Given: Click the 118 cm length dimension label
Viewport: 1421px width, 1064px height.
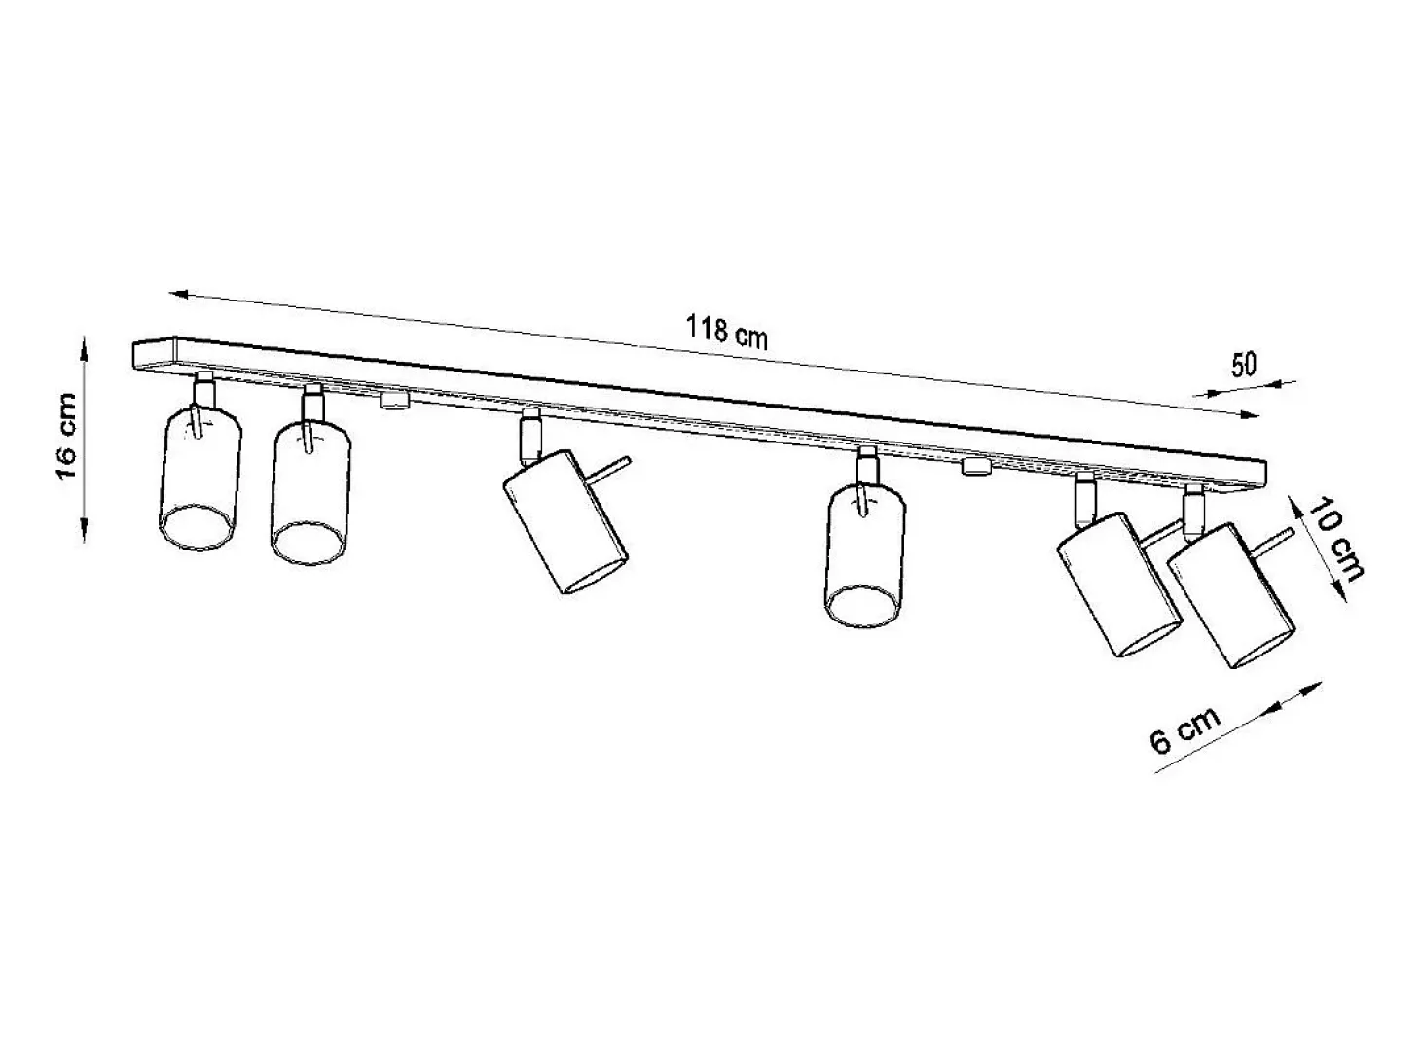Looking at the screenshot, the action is (726, 333).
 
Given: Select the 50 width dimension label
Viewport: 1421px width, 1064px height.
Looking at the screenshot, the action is (1244, 365).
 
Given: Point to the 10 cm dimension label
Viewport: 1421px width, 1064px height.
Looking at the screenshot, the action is (1333, 538).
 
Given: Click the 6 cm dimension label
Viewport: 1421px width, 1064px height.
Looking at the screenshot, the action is (1184, 729).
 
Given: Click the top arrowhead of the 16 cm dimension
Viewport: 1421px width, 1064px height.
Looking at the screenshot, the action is (84, 345).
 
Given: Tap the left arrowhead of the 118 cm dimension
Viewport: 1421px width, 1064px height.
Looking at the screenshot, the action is (179, 295).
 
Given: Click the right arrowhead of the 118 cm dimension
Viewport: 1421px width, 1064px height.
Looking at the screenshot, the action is (1248, 415).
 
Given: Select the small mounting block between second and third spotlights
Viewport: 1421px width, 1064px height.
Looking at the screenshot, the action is (394, 400).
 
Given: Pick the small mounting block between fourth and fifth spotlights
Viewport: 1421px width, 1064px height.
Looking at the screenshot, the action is (976, 466).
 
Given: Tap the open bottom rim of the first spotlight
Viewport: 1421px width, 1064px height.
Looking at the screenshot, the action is (200, 528).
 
